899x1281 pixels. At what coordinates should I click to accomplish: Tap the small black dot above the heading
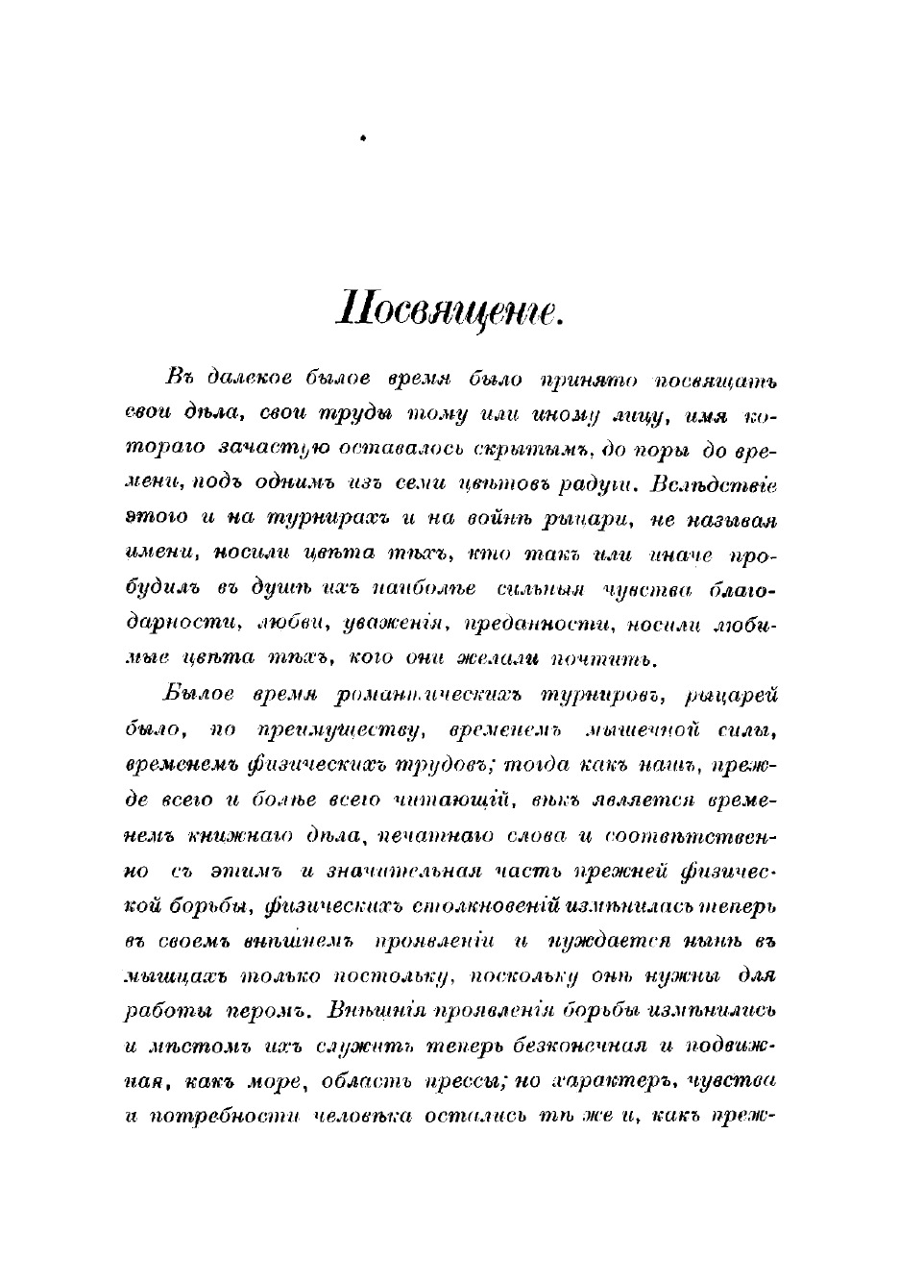coord(363,139)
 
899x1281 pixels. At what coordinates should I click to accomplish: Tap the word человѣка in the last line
coord(356,1117)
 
